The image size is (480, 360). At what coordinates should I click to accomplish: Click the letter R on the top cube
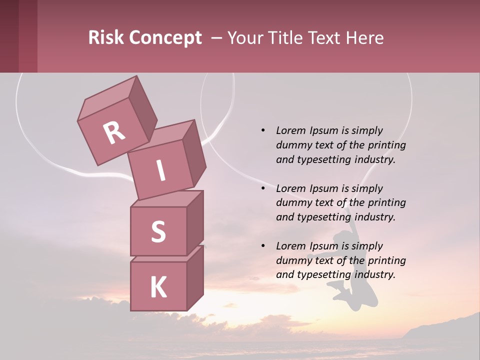point(114,132)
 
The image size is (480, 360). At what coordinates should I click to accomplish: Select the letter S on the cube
point(158,231)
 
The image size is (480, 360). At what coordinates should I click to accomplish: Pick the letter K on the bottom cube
point(158,287)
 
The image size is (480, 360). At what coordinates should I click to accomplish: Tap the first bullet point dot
point(263,131)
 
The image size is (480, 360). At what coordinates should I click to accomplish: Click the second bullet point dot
point(263,189)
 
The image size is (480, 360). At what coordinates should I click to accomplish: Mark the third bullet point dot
point(263,246)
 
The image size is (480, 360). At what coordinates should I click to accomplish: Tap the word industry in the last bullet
point(374,274)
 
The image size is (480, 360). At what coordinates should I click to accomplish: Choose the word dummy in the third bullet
point(292,260)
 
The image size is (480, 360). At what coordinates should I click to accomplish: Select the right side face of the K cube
point(195,277)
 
